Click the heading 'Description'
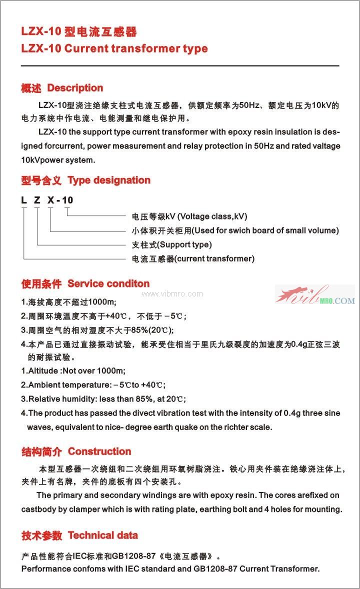pos(75,88)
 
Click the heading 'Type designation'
pos(109,180)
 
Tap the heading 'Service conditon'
pos(108,284)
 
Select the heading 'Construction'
pos(99,451)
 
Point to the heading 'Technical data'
pos(102,535)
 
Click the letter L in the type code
pos(23,200)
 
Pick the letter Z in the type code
pos(36,200)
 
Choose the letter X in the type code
pos(50,200)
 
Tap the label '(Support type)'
pos(184,244)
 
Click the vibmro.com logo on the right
pos(315,295)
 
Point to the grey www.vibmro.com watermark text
pos(172,294)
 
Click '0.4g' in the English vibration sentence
pos(291,413)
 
